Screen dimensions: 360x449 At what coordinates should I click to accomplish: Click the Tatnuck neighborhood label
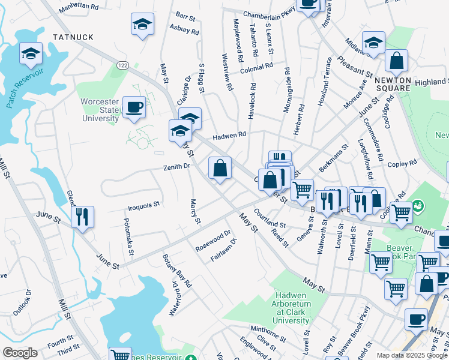point(73,37)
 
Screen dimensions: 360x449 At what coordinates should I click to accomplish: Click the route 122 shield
point(123,65)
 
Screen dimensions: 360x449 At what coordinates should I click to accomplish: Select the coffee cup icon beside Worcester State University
point(134,107)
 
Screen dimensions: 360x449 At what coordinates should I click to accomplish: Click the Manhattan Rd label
point(79,5)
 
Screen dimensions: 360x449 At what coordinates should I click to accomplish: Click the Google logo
point(20,353)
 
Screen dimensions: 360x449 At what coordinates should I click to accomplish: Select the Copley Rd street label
point(402,163)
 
